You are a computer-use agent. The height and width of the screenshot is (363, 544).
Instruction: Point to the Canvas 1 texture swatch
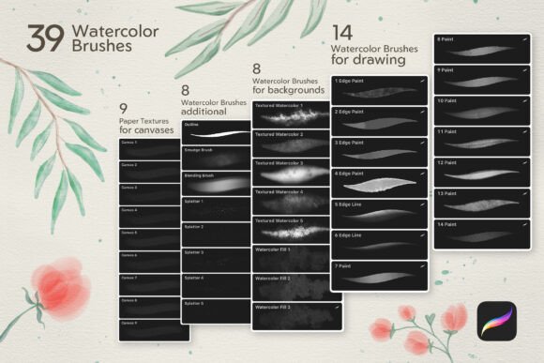pos(147,148)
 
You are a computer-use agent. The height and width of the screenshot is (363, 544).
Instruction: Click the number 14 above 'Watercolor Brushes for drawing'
pos(343,34)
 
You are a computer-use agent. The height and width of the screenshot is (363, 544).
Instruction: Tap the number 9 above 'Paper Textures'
pos(124,108)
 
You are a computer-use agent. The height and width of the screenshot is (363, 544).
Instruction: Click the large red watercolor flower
pos(62,281)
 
